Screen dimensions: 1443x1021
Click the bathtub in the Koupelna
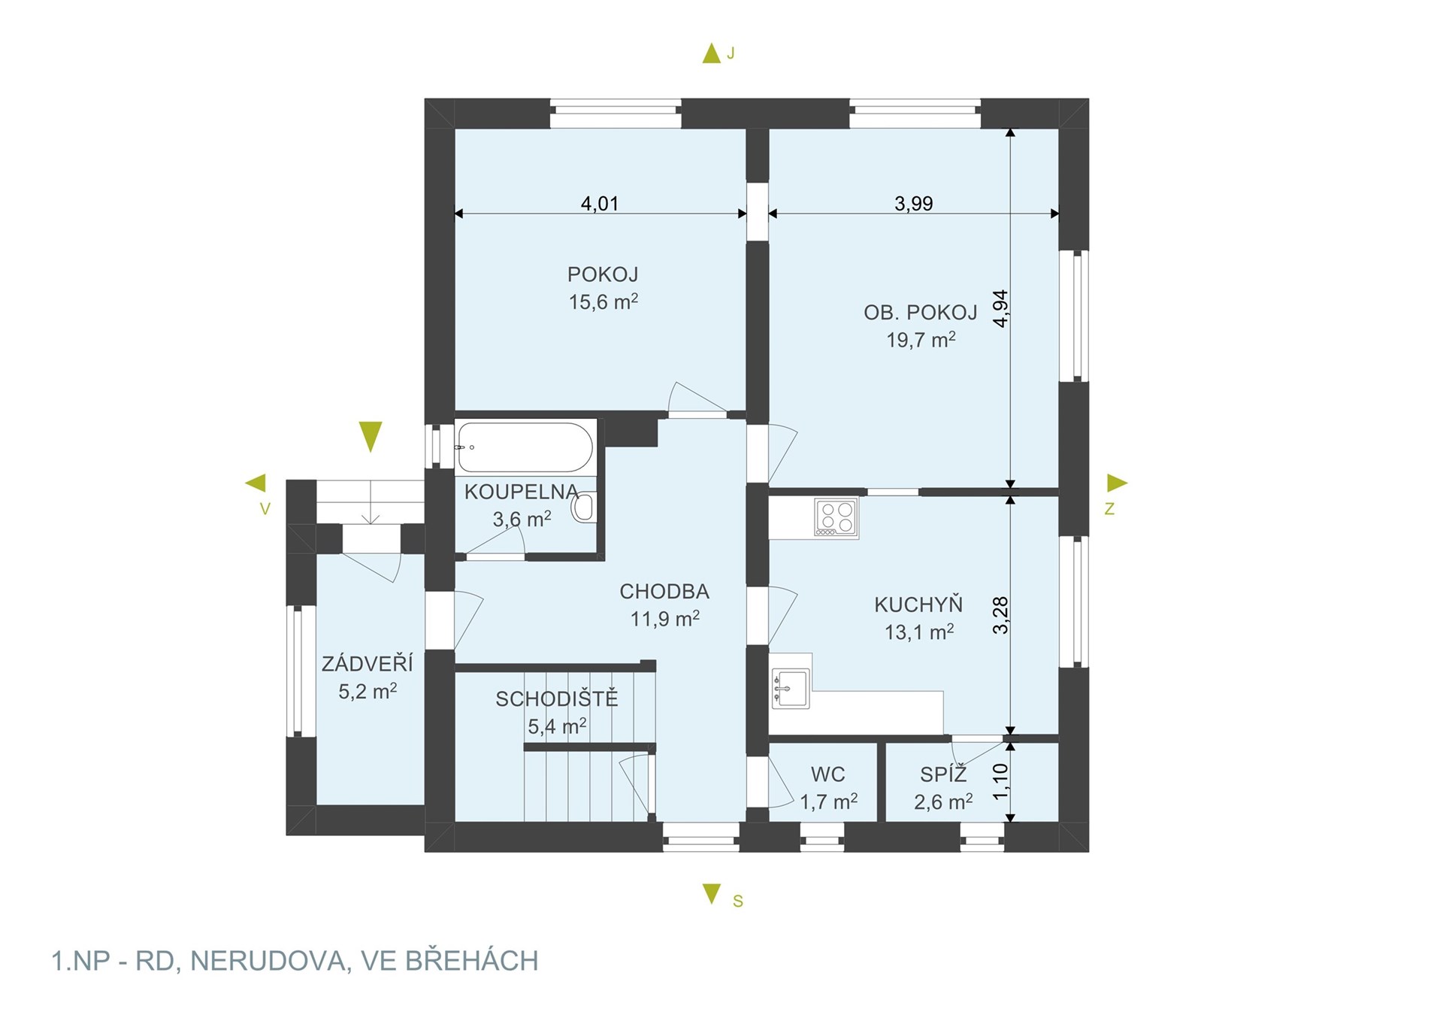(x=525, y=447)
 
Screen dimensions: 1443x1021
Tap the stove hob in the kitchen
(x=836, y=518)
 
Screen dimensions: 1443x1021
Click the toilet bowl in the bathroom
(x=584, y=507)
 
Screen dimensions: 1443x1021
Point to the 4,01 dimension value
(x=600, y=204)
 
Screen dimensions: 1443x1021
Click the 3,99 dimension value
(x=913, y=204)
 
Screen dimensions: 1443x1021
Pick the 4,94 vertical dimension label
(x=1000, y=308)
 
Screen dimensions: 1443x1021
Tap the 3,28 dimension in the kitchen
(x=1000, y=615)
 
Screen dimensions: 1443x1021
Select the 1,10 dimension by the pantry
(x=1000, y=782)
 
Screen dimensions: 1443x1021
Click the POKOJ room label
(x=603, y=274)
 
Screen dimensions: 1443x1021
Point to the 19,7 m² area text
(x=921, y=340)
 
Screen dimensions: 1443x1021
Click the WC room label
(x=828, y=774)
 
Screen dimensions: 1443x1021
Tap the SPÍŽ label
(x=943, y=773)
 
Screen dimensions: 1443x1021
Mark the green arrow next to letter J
(x=711, y=53)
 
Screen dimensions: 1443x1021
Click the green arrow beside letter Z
(x=1118, y=483)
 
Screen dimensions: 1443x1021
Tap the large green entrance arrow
(x=371, y=436)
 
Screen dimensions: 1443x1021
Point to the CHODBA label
(x=664, y=592)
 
